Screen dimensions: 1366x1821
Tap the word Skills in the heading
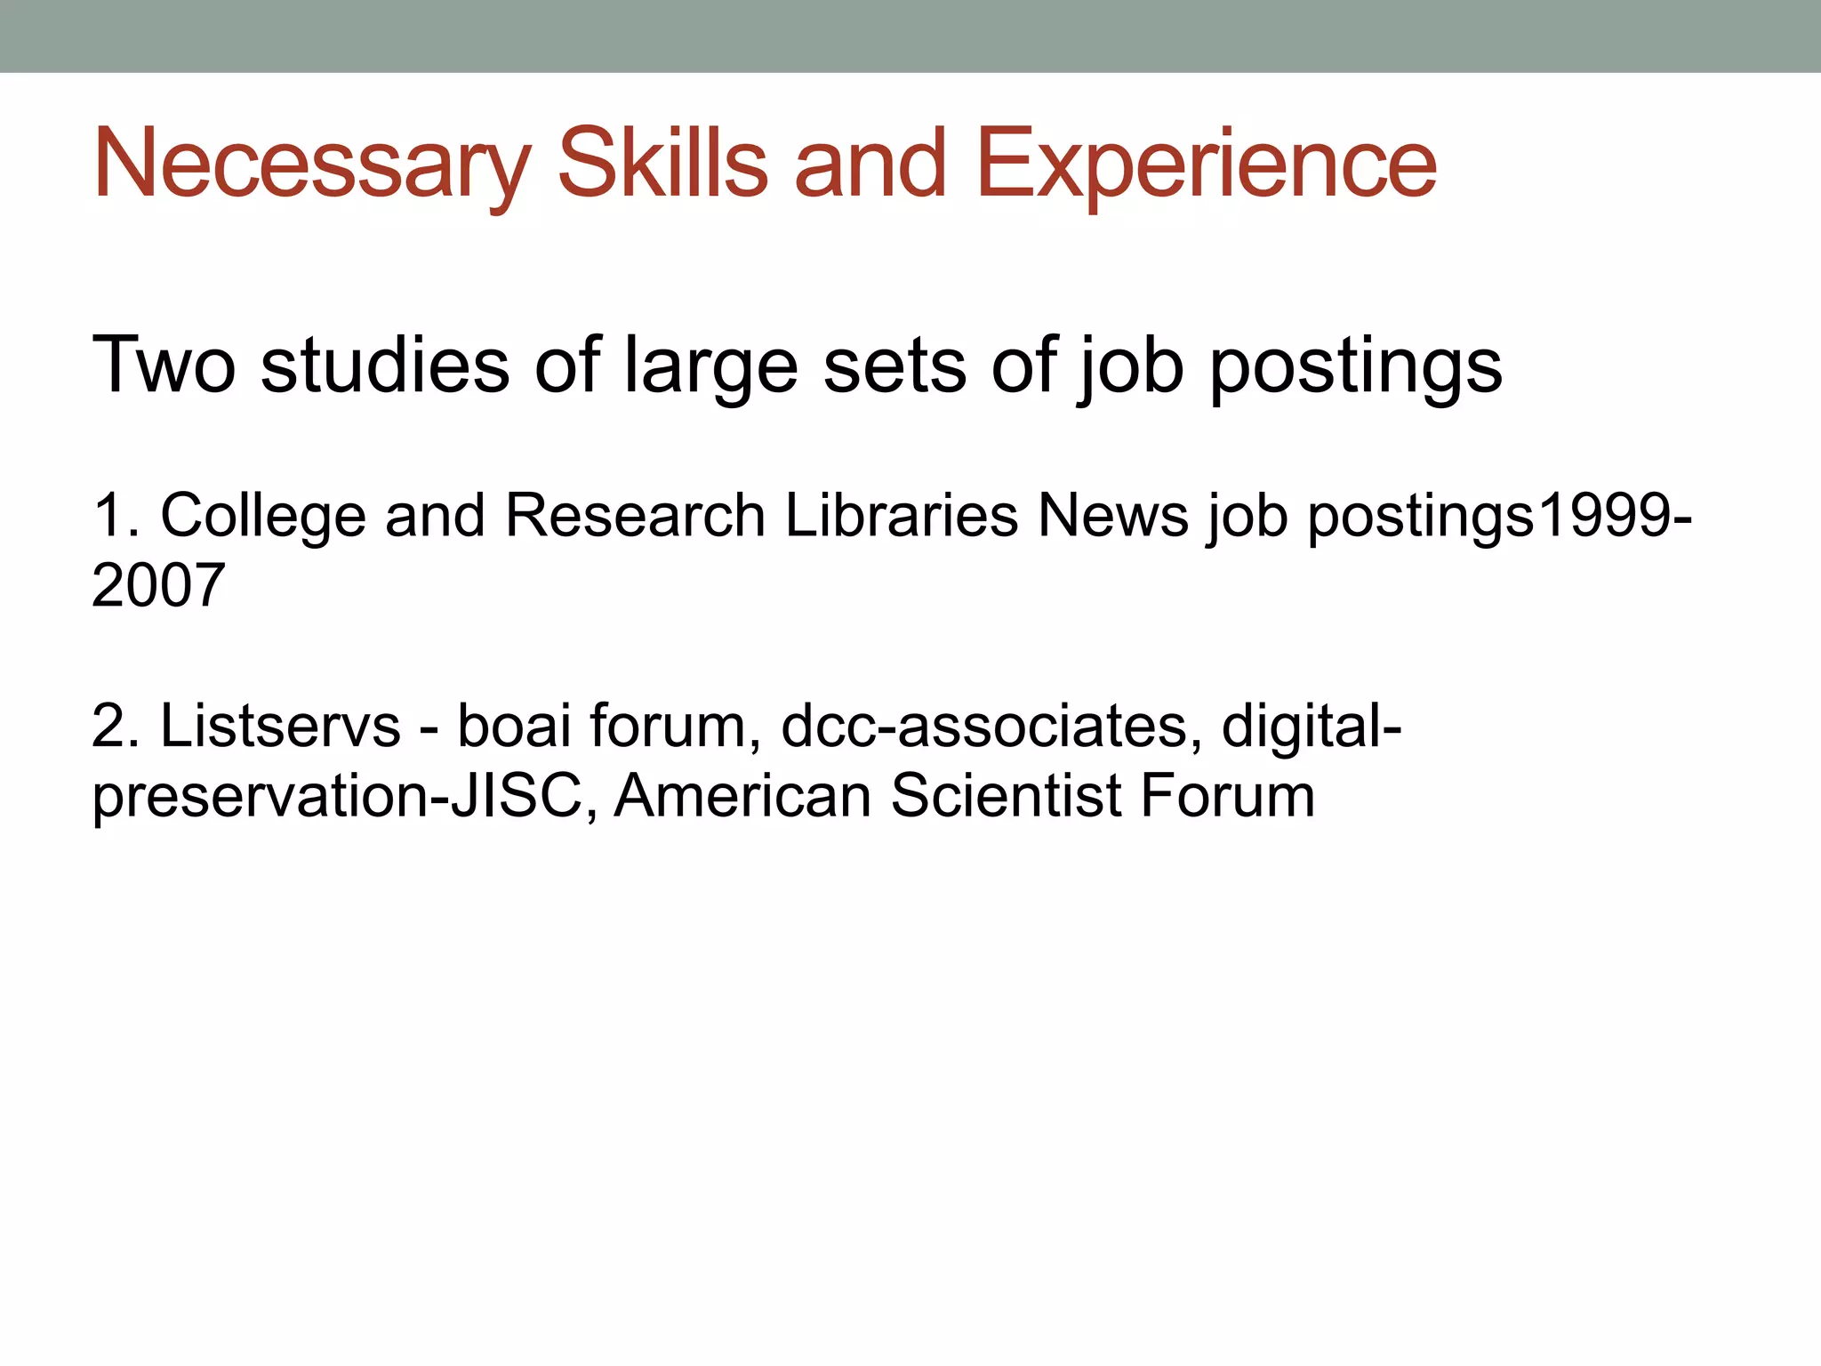coord(662,165)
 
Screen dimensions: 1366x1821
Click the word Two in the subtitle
coord(164,364)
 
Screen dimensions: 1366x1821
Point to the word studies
coord(385,364)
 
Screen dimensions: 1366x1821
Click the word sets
coord(894,366)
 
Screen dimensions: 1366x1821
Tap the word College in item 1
coord(263,517)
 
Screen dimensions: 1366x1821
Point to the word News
coord(1112,515)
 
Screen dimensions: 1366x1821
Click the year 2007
coord(158,586)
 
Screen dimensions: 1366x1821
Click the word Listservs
coord(280,726)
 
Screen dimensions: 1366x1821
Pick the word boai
coord(513,726)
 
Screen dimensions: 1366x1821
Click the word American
coord(742,795)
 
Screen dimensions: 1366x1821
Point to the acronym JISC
coord(522,795)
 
